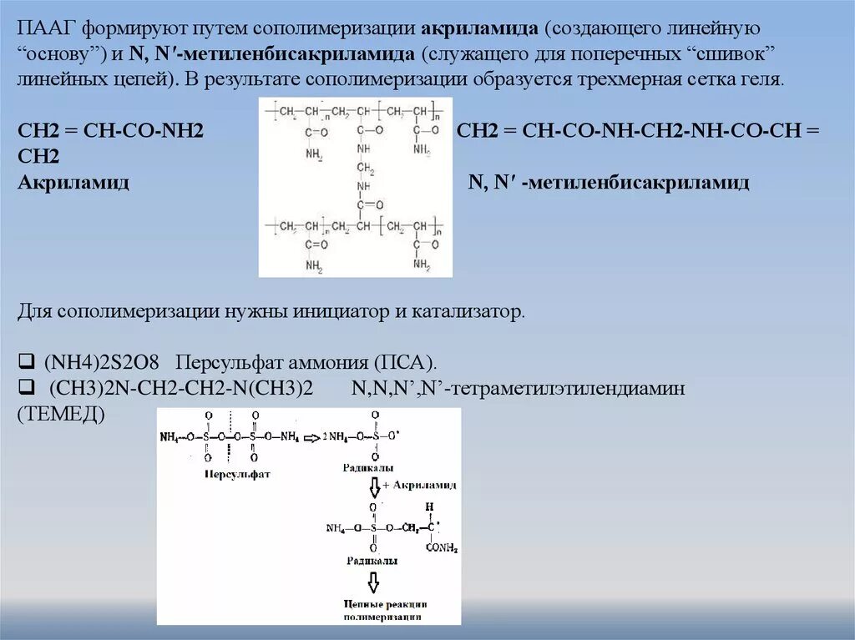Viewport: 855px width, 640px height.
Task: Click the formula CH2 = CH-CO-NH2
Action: coord(111,133)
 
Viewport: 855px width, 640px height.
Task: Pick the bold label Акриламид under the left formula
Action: coord(73,183)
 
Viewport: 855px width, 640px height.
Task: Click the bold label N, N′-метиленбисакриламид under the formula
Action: coord(609,183)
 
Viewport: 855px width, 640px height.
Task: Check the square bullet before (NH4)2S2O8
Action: coord(25,363)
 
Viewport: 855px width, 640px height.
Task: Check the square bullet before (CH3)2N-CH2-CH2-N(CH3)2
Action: coord(25,389)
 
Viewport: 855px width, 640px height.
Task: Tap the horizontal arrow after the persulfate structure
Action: coord(311,436)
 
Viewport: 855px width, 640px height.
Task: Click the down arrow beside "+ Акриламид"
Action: coord(374,486)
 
